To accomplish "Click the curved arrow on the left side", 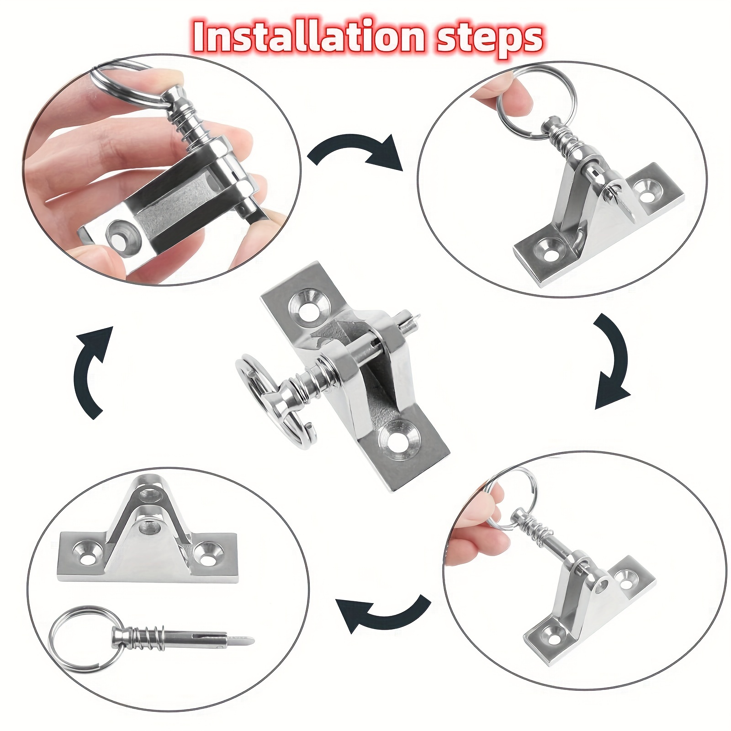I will coord(91,372).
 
